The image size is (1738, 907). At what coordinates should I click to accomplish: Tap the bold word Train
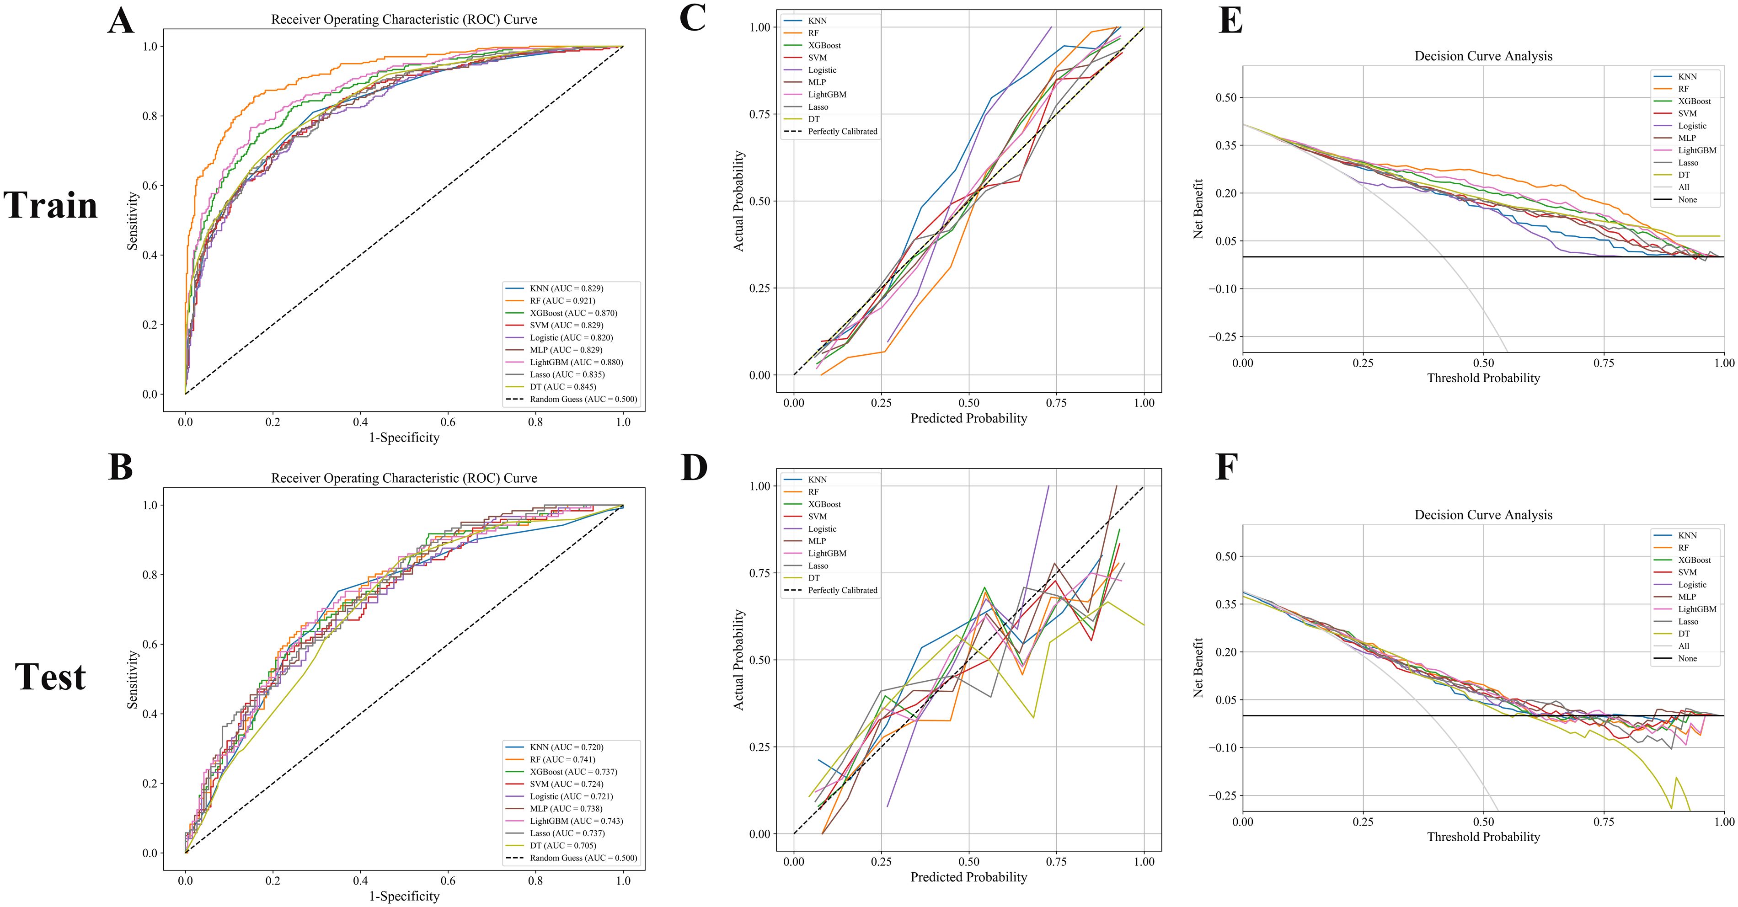pyautogui.click(x=51, y=205)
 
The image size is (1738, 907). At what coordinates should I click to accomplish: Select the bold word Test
pyautogui.click(x=51, y=677)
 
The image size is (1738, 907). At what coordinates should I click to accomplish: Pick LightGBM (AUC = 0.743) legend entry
pyautogui.click(x=576, y=821)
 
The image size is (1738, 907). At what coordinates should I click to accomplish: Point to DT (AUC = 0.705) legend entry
pyautogui.click(x=563, y=845)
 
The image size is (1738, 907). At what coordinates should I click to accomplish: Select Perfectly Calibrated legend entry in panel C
pyautogui.click(x=842, y=132)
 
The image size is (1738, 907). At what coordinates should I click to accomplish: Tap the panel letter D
pyautogui.click(x=694, y=467)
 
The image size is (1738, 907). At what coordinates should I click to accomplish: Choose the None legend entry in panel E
pyautogui.click(x=1687, y=200)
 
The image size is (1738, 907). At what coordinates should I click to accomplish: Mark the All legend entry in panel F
pyautogui.click(x=1683, y=646)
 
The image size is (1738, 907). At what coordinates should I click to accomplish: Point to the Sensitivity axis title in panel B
pyautogui.click(x=133, y=679)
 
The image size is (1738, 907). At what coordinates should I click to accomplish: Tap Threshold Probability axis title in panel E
pyautogui.click(x=1483, y=379)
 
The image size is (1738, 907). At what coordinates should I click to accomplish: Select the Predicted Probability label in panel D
pyautogui.click(x=968, y=877)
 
